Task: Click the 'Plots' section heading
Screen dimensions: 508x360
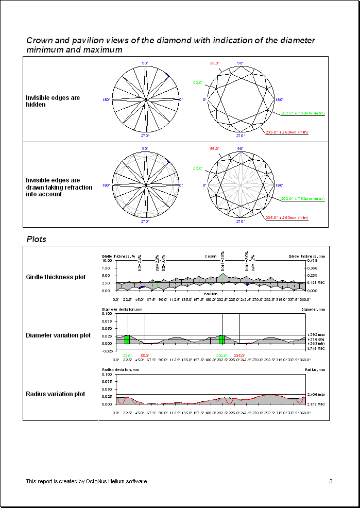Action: click(37, 239)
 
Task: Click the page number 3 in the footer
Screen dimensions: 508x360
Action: click(331, 481)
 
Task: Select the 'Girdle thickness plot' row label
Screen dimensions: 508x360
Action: click(56, 277)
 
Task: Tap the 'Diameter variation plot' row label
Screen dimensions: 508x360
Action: click(58, 335)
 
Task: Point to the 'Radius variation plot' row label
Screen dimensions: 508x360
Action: click(55, 394)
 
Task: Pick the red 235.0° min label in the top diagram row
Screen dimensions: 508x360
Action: click(287, 132)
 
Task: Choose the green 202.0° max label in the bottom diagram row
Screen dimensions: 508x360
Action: click(303, 198)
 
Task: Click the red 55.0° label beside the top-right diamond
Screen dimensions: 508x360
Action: click(215, 63)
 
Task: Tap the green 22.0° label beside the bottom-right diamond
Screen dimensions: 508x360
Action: click(198, 168)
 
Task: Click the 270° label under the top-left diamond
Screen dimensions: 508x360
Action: click(145, 136)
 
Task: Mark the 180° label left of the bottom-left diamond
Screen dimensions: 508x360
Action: click(107, 185)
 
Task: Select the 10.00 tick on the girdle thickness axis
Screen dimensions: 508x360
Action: click(107, 261)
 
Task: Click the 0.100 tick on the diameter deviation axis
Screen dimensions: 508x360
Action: click(107, 313)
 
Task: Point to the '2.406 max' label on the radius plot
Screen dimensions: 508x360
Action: click(316, 395)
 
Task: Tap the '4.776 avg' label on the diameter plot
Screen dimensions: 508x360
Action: click(316, 339)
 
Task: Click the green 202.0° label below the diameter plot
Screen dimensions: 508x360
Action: click(222, 355)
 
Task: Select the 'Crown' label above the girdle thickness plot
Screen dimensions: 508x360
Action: click(211, 256)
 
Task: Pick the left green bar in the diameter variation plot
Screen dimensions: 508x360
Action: click(127, 339)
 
